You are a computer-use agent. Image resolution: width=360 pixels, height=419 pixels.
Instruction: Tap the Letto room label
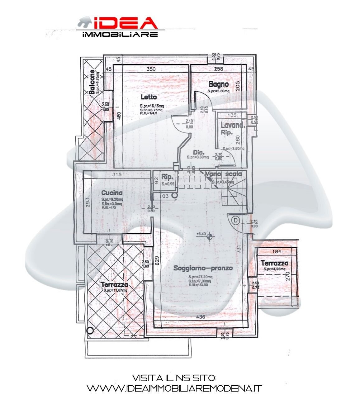point(148,97)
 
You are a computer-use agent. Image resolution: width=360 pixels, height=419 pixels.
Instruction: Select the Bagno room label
point(219,84)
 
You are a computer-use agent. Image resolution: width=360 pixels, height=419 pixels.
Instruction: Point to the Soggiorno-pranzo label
point(203,268)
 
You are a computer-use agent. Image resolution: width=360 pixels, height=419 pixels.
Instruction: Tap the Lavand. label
point(233,125)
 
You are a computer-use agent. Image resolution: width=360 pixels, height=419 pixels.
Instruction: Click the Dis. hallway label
point(198,153)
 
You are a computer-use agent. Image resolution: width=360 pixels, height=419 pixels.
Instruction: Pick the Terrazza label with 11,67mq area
point(115,285)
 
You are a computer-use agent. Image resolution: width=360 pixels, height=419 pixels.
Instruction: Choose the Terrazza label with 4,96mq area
point(274,263)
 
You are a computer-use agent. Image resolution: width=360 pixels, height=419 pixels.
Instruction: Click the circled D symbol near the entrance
point(236,220)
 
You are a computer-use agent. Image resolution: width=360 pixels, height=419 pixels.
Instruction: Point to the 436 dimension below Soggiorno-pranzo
point(201,317)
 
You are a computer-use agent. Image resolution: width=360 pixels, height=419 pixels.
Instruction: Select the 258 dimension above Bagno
point(218,69)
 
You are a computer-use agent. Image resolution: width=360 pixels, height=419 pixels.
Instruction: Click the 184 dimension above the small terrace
point(276,251)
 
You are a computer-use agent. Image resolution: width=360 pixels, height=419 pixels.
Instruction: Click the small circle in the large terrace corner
point(90,331)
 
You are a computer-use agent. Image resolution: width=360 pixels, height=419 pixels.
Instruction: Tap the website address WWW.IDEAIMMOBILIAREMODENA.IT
point(174,388)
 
